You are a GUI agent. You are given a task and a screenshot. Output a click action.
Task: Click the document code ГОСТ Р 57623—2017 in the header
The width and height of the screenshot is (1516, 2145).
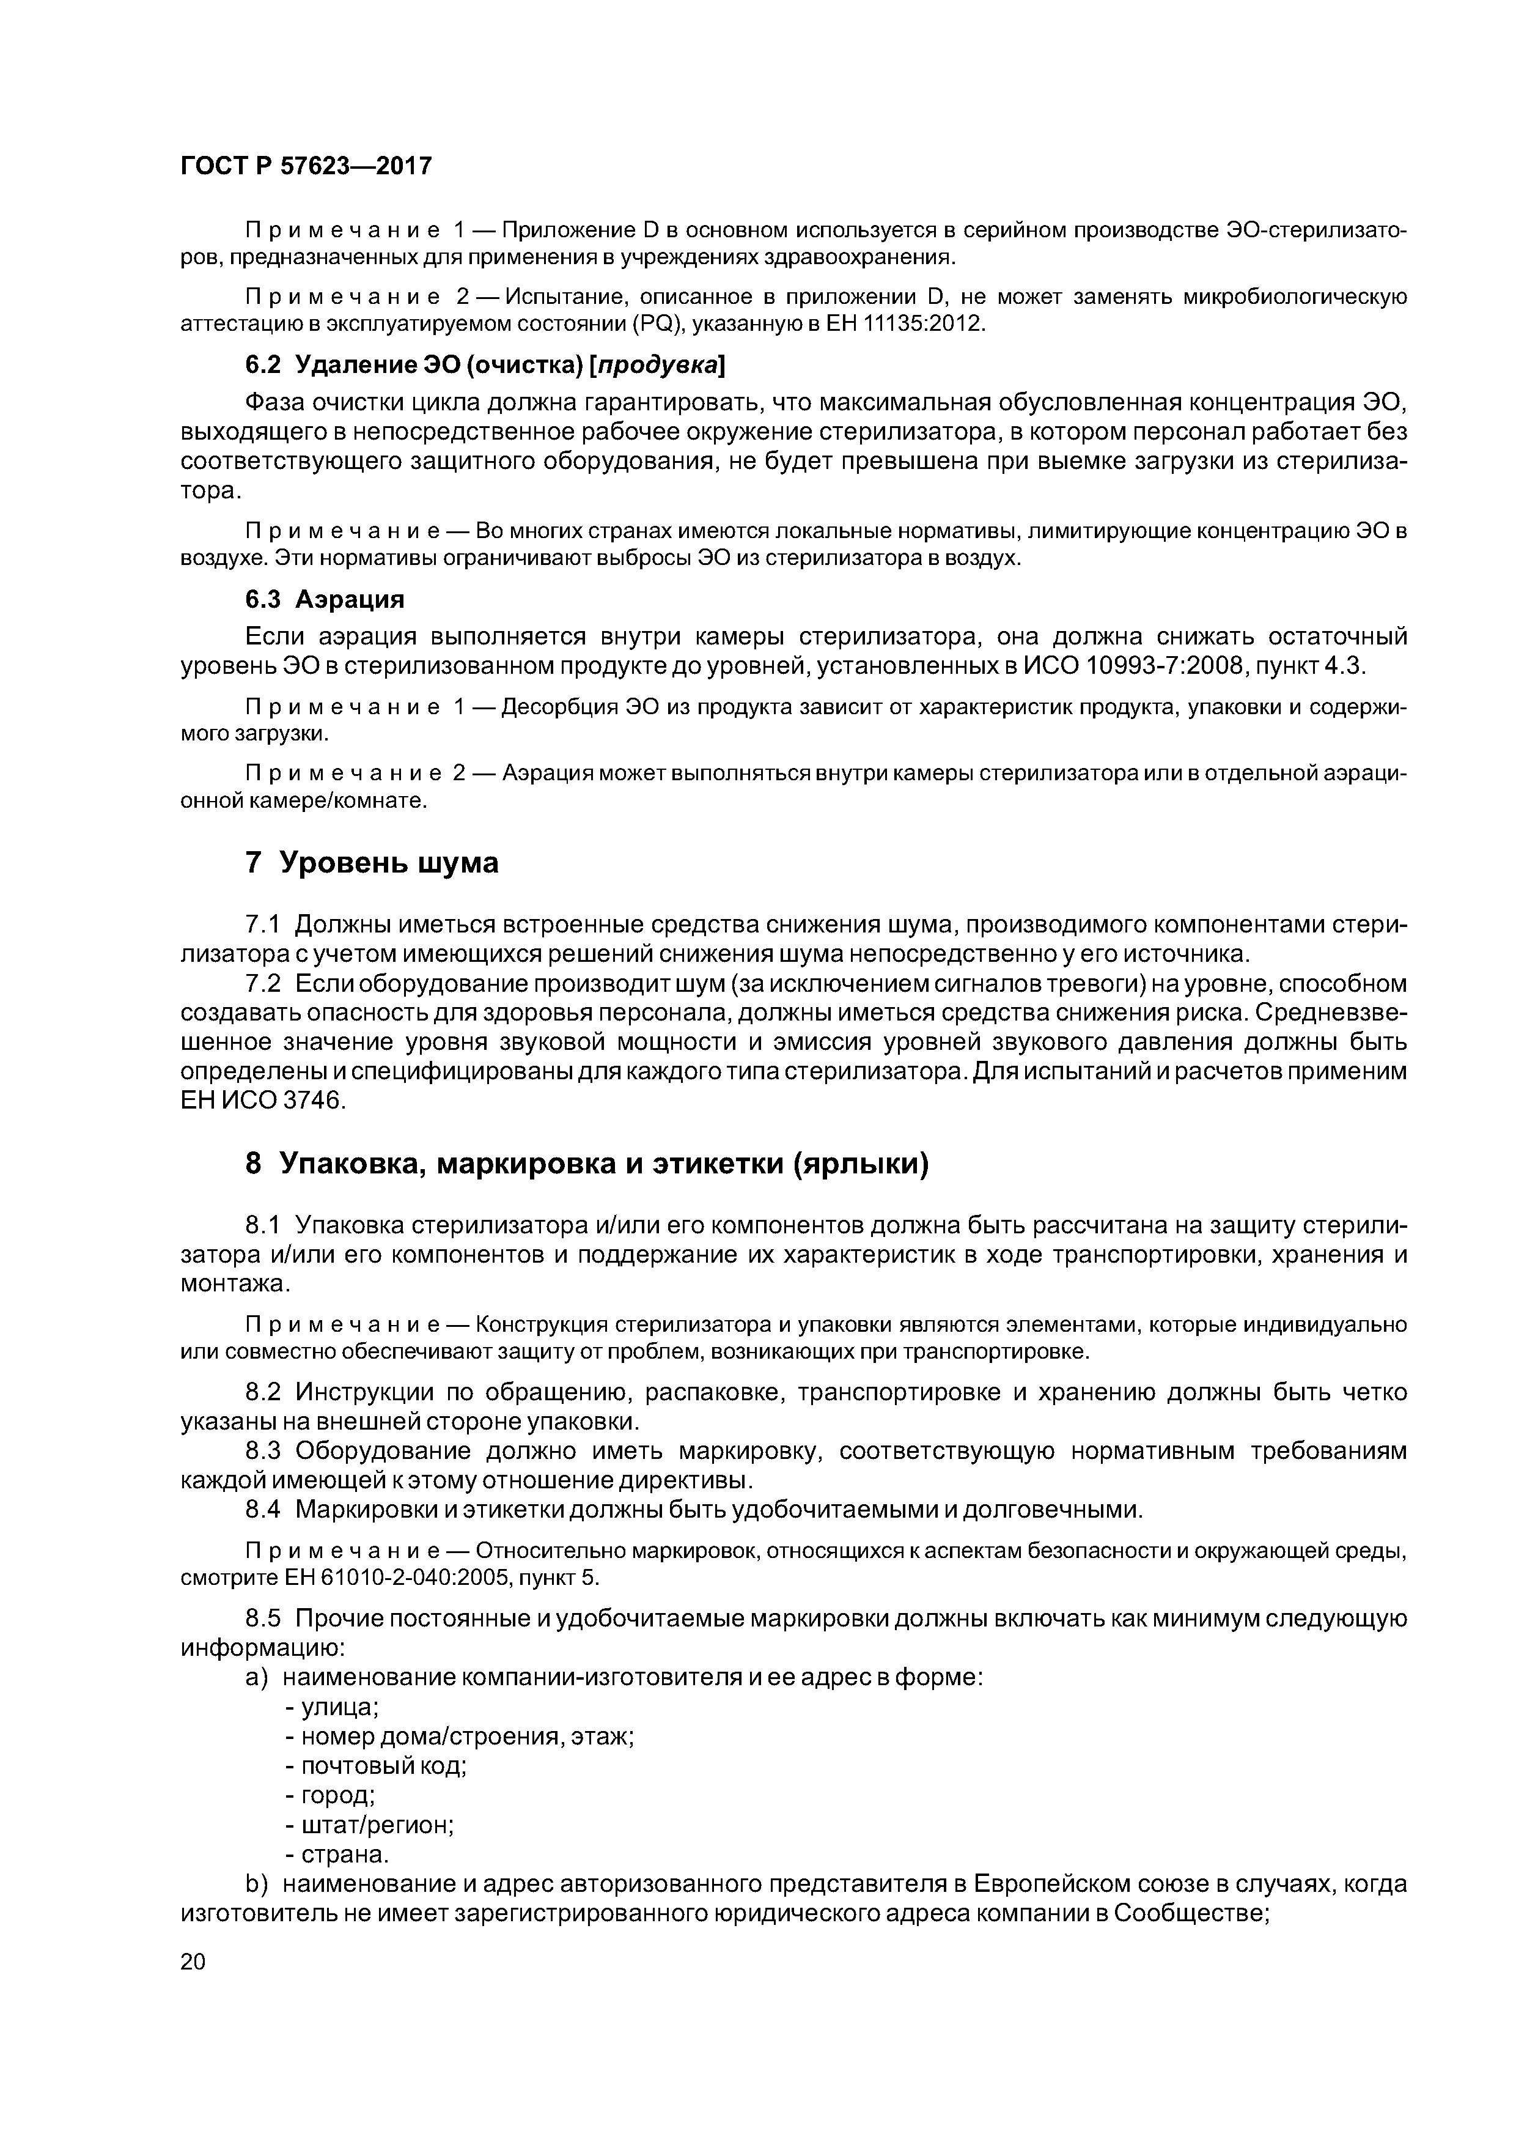[x=306, y=166]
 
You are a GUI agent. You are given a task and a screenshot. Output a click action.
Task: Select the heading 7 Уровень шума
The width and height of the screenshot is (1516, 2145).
[x=372, y=862]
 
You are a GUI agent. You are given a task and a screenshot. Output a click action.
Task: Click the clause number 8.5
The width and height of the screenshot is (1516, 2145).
[x=262, y=1618]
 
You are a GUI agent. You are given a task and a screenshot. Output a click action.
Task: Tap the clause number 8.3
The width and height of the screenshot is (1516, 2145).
[x=262, y=1451]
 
